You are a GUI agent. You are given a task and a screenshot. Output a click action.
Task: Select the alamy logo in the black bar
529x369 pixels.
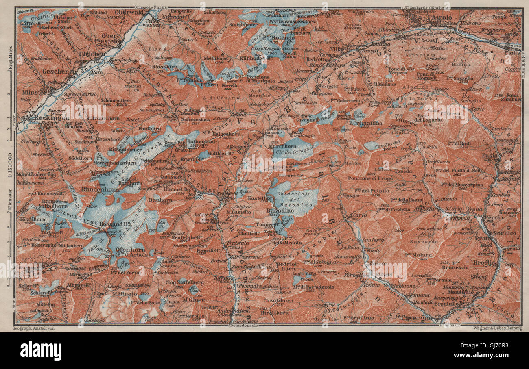(x=41, y=351)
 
